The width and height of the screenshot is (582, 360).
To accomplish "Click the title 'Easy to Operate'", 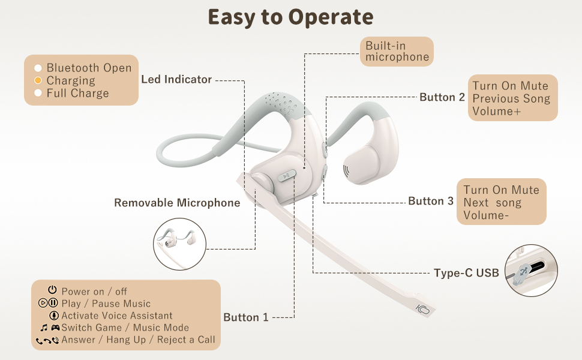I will point(290,17).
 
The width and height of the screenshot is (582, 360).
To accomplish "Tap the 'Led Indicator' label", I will point(176,79).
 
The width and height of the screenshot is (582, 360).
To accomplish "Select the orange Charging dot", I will point(38,80).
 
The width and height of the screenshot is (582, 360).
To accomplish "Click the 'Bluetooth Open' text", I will point(89,68).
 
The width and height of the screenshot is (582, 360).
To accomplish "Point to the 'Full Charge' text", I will point(77,93).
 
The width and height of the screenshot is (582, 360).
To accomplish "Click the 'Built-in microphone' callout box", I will point(397,52).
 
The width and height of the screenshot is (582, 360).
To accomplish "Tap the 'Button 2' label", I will point(442,97).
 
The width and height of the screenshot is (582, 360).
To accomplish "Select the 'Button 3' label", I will point(431,201).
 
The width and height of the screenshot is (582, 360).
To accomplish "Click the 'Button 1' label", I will point(246,317).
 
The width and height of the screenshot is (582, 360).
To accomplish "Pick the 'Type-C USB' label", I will point(466,273).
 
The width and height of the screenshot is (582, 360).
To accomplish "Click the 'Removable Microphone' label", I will point(177,203).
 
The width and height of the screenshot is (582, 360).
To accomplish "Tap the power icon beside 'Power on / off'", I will point(52,291).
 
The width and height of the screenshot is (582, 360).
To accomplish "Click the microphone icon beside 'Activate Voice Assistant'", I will point(54,316).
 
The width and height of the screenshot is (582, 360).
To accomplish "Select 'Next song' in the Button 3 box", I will point(492,202).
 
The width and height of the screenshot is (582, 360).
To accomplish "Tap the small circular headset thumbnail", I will point(180,244).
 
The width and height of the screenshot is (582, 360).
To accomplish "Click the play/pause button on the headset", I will point(287,176).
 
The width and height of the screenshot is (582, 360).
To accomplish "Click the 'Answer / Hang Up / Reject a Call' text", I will point(138,340).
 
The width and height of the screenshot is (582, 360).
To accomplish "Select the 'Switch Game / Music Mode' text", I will point(125,328).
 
